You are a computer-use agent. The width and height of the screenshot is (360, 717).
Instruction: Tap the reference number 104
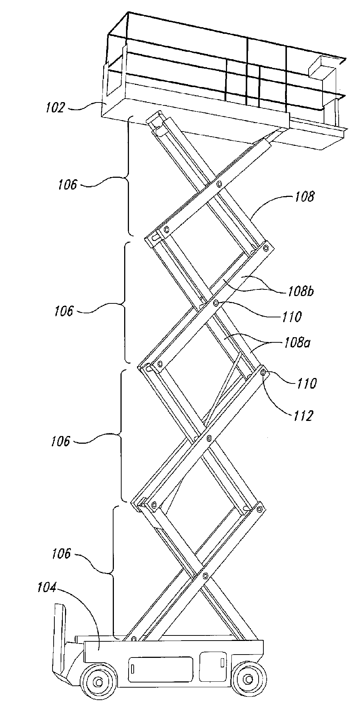click(47, 588)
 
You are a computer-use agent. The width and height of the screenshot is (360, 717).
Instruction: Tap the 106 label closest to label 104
click(61, 554)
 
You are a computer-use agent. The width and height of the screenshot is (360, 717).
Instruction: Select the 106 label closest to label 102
click(67, 185)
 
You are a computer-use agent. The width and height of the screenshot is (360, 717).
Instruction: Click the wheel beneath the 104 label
click(98, 682)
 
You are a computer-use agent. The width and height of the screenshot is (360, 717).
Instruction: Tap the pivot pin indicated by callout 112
click(263, 373)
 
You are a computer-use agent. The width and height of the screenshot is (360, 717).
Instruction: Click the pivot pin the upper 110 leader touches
click(216, 303)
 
